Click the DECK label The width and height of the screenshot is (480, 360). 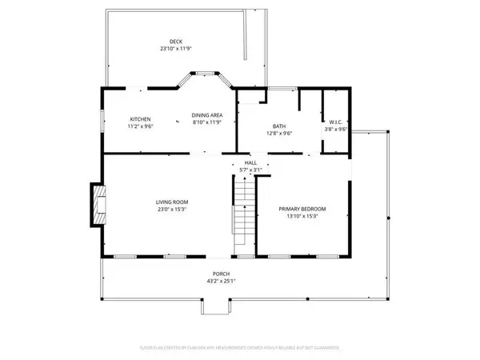[175, 41]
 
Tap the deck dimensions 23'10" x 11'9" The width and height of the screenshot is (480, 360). [175, 49]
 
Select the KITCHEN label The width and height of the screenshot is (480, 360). [141, 118]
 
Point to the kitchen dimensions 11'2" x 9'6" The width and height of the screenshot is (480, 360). [141, 125]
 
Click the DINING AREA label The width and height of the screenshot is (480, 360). [207, 115]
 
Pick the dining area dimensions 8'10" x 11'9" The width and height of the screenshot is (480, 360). [207, 122]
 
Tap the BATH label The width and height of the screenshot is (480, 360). [279, 126]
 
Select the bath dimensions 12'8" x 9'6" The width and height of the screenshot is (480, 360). [279, 133]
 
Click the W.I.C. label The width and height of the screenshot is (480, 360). [335, 122]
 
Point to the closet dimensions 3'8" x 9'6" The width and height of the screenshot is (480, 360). [335, 130]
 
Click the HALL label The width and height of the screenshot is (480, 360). [250, 162]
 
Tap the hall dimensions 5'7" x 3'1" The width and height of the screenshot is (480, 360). [250, 170]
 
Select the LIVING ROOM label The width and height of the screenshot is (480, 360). [170, 203]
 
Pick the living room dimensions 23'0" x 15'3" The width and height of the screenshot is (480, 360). [170, 211]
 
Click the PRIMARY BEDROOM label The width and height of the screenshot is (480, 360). [302, 209]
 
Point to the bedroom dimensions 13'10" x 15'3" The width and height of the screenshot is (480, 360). [302, 216]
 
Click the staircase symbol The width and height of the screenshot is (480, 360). [242, 216]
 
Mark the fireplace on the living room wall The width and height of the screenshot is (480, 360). [98, 206]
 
